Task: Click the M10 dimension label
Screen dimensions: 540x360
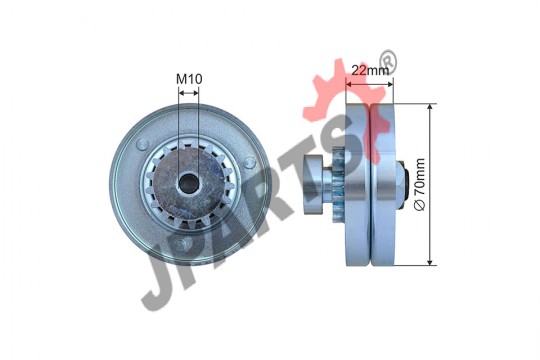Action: point(189,79)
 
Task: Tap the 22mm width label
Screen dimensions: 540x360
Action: point(370,70)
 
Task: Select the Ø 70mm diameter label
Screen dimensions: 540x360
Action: point(420,184)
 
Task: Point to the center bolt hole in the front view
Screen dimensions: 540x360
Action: point(188,182)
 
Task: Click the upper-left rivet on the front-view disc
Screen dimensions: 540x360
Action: point(142,144)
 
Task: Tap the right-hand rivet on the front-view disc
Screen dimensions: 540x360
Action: point(249,162)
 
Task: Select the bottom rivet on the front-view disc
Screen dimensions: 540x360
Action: point(180,244)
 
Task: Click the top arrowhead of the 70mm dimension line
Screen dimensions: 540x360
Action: point(429,106)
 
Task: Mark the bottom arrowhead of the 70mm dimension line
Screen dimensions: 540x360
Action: point(429,263)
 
